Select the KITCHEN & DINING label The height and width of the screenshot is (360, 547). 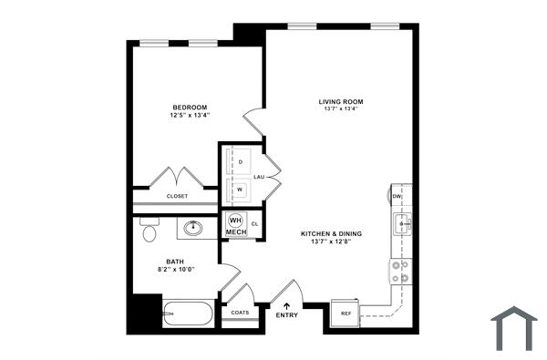pos(332,234)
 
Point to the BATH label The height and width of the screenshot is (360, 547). pos(174,262)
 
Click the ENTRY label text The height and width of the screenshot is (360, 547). pos(286,315)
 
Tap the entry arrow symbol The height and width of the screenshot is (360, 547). pos(286,305)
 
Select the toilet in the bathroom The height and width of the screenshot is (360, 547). pos(150,231)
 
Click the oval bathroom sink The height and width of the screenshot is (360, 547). pos(194,228)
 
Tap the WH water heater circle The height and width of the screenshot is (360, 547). pos(235,221)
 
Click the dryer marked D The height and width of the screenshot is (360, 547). pos(240,161)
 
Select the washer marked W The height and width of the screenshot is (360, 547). pos(240,190)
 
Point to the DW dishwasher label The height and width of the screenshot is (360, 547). pos(397,197)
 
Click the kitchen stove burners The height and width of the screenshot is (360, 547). pos(399,271)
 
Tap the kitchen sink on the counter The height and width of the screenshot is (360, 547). pos(399,222)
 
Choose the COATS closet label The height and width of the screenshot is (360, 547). pos(240,313)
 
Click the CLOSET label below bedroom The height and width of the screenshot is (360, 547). pos(177,196)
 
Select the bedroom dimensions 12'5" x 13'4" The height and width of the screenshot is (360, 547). pos(190,116)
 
